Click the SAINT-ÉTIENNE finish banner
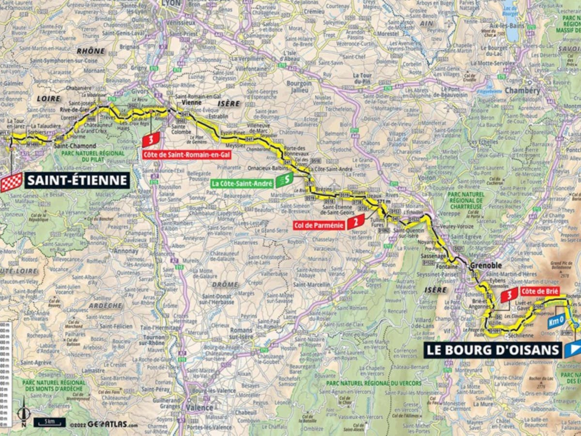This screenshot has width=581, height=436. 77,180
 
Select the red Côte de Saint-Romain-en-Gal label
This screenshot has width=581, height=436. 186,154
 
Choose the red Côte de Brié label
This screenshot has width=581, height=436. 540,291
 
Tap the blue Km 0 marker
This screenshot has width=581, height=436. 557,322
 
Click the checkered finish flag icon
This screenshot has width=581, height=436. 11,182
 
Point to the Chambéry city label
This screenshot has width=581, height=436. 522,91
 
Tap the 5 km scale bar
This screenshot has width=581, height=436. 49,422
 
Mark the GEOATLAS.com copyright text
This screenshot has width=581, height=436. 103,424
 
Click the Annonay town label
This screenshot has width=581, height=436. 127,251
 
